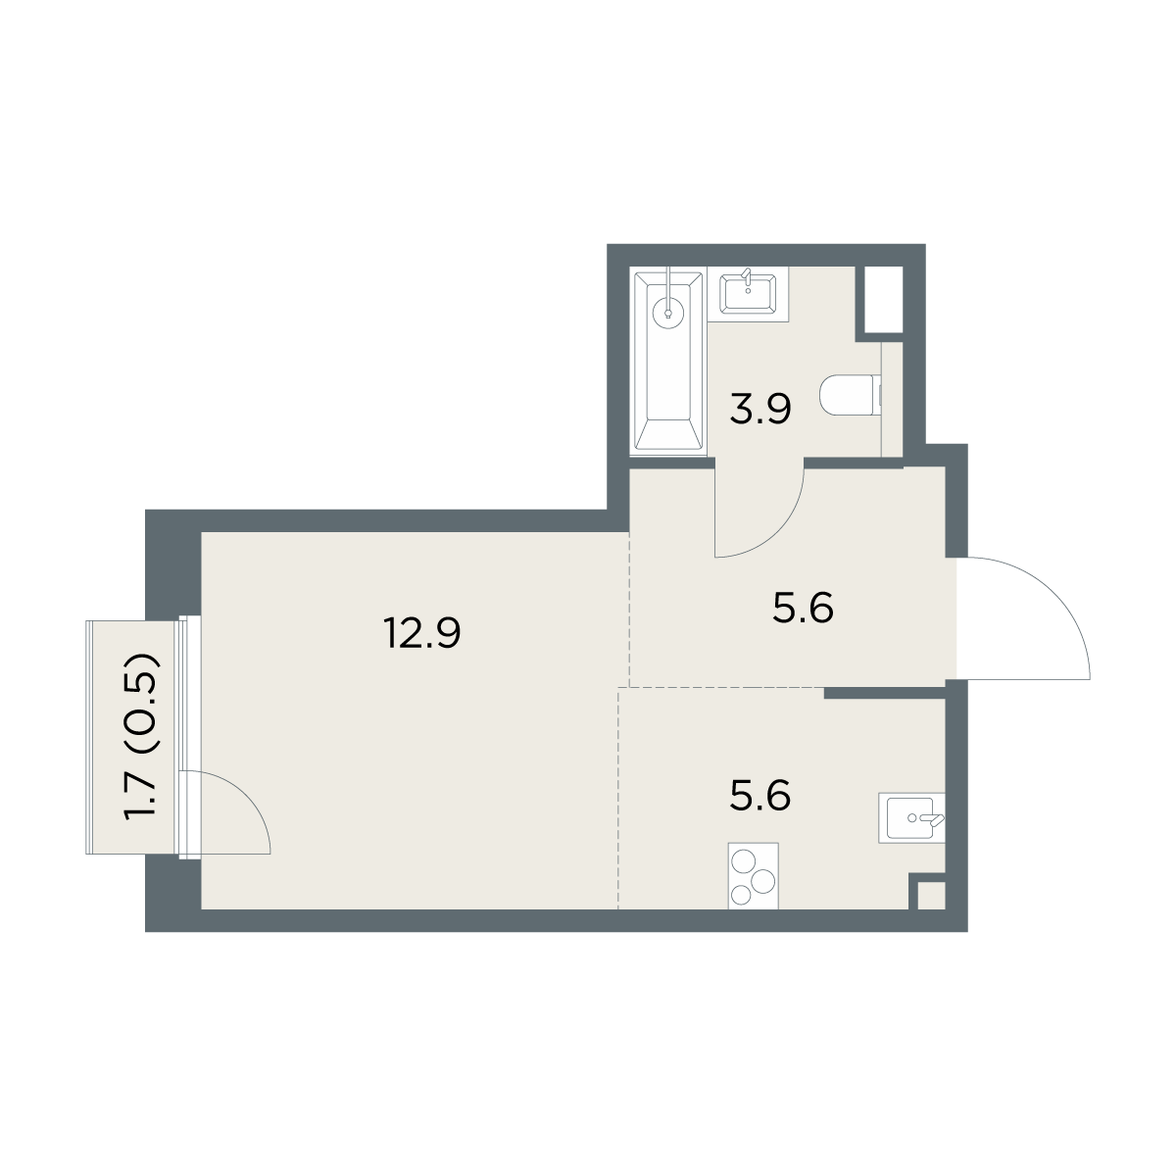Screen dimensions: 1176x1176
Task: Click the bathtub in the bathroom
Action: (668, 362)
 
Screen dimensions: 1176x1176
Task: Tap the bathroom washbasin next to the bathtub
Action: (748, 294)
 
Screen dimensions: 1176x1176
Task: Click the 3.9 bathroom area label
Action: (760, 409)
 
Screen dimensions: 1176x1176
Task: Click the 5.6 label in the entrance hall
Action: (803, 608)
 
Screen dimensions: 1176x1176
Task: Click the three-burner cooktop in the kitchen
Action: (753, 876)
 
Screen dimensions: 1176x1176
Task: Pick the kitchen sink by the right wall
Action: (911, 817)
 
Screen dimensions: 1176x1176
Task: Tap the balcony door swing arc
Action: (244, 796)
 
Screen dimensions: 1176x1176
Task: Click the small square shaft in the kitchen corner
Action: (932, 897)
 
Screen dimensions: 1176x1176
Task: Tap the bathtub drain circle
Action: (668, 314)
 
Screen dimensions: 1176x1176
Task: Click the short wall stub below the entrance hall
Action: (885, 692)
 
